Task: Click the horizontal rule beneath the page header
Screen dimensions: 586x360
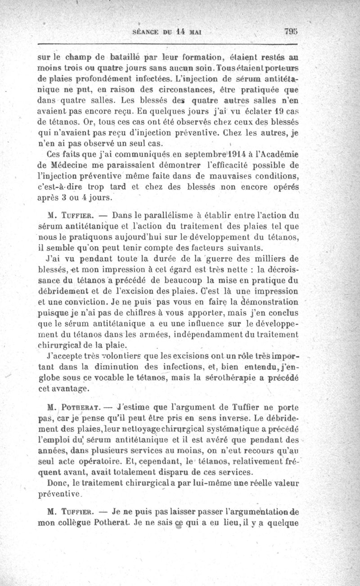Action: point(169,45)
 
